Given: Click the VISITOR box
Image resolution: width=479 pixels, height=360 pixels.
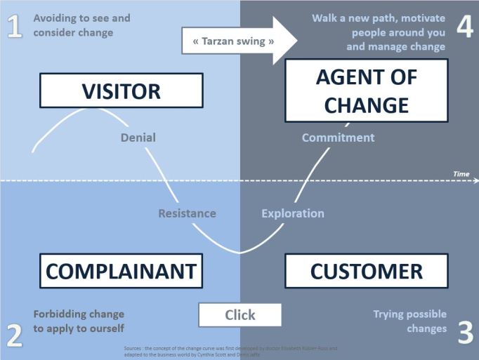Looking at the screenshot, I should coord(121,91).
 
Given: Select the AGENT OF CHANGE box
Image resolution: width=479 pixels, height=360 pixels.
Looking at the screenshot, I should coord(366,91).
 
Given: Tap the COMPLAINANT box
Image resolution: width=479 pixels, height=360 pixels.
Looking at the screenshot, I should coord(121,272).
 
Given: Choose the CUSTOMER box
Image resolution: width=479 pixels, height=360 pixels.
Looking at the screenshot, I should coord(366,272).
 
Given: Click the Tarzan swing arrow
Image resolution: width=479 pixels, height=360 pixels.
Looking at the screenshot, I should coord(239,41).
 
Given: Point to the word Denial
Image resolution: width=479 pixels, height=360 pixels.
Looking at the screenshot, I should coord(138,138).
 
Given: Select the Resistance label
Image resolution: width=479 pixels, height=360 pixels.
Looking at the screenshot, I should coord(187,213).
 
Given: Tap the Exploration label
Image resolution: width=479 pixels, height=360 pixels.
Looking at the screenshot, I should coord(293,213).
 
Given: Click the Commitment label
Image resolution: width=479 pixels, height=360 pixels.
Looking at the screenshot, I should coord(338,138).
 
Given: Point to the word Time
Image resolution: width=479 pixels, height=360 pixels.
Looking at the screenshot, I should coord(461,173).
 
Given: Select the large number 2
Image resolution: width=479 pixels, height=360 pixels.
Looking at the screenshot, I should coord(15,336).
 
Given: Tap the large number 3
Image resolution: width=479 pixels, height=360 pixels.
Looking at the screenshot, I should coord(465,333).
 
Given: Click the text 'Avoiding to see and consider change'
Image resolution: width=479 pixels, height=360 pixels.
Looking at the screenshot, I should coord(81,25).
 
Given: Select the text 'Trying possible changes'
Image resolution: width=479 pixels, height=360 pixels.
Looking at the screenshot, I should coord(409,321).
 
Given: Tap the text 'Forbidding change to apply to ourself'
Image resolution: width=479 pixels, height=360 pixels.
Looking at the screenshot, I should coord(79,321).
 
